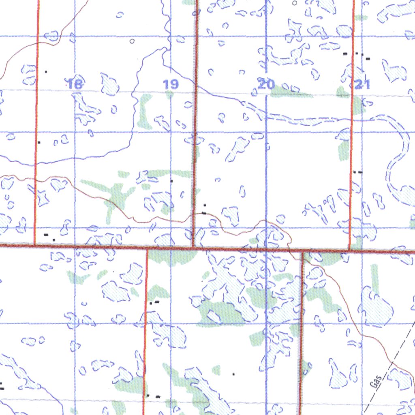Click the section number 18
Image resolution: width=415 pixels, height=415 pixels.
[x=75, y=84]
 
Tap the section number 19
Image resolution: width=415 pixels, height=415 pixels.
[x=171, y=84]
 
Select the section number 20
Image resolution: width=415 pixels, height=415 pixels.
[x=266, y=84]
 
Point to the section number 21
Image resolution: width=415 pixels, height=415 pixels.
[x=362, y=84]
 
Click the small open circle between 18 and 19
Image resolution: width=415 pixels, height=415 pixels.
[x=131, y=41]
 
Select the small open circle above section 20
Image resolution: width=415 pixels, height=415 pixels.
[x=295, y=3]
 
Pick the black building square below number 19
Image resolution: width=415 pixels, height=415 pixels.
[x=171, y=181]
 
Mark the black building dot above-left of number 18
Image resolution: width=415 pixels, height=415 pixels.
[x=46, y=72]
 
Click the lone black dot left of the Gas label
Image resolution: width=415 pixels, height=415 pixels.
[x=233, y=374]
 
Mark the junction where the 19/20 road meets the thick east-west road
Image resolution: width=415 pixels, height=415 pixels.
[x=193, y=246]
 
